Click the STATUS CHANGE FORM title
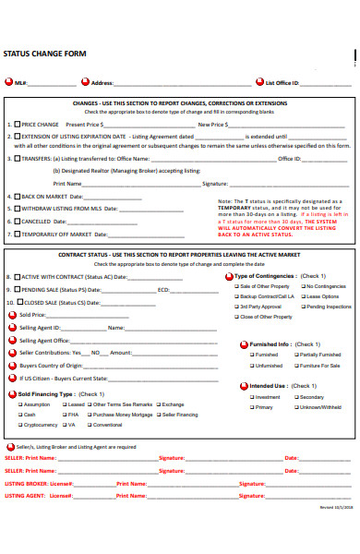coord(45,54)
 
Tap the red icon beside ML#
coord(9,83)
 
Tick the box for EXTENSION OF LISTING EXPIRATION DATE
coord(17,137)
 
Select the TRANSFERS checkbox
coord(17,158)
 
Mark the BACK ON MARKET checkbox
coord(17,196)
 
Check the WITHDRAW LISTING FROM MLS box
coord(17,209)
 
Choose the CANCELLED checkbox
coord(17,222)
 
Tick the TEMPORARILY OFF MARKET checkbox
coord(17,235)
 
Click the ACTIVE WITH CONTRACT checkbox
coord(17,276)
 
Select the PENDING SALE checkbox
coord(17,289)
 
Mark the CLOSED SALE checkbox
coord(17,302)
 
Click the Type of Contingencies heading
coord(268,276)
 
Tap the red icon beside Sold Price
coord(12,315)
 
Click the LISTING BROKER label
coord(26,483)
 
